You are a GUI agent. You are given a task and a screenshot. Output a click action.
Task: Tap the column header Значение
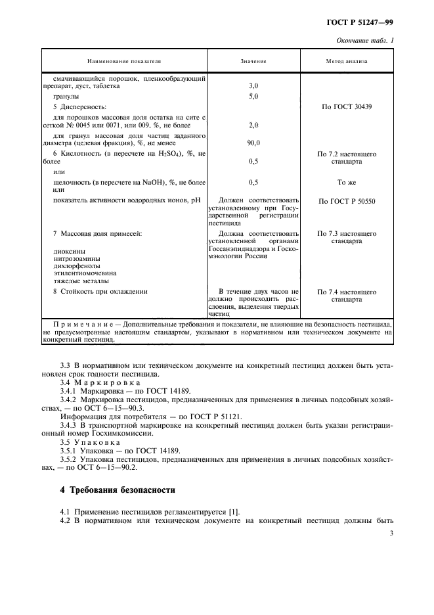coord(253,61)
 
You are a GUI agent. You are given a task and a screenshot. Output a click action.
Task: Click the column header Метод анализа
coord(347,61)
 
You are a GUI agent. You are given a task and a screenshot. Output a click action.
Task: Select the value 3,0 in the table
coord(253,86)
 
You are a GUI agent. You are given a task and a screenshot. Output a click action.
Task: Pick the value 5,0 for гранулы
coord(253,96)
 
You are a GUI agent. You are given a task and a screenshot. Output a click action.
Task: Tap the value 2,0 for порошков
coord(253,124)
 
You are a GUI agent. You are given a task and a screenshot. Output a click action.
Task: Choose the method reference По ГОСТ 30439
coord(347,106)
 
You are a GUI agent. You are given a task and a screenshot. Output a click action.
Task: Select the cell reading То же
coord(347,182)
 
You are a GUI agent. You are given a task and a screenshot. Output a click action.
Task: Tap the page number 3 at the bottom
coord(391,534)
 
